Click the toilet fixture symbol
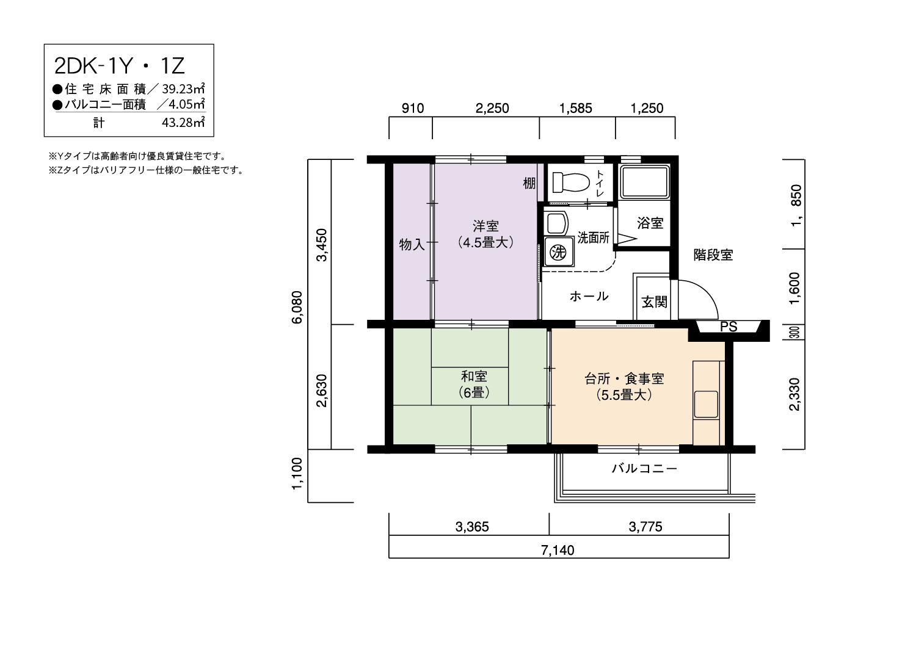click(571, 183)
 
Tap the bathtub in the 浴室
click(644, 182)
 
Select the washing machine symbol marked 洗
click(558, 251)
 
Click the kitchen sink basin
click(706, 404)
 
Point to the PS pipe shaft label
click(729, 327)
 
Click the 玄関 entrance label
click(654, 302)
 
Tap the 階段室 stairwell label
click(713, 255)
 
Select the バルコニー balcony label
click(644, 468)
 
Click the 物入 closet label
click(412, 244)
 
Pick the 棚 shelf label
click(529, 183)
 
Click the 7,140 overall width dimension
click(558, 550)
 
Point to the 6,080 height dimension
click(297, 307)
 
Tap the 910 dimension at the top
click(413, 108)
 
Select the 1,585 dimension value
click(576, 108)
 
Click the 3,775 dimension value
click(645, 527)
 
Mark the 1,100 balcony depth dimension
click(297, 474)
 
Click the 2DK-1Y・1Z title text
click(120, 66)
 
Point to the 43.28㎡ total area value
click(183, 122)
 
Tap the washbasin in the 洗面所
click(556, 223)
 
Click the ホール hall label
click(589, 296)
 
